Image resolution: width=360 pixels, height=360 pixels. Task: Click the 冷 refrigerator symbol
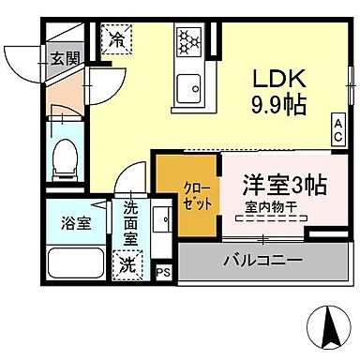tap(117, 38)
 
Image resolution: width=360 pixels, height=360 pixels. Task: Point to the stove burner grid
tap(189, 42)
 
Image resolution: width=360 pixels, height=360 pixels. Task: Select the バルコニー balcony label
tap(262, 258)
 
